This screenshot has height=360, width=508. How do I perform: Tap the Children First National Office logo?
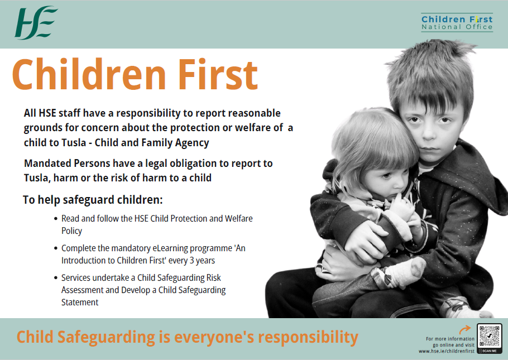click(x=457, y=22)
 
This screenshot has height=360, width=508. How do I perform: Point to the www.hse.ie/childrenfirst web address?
click(x=447, y=351)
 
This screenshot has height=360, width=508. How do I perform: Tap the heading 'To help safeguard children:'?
click(x=93, y=200)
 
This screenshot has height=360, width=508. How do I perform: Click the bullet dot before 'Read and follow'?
click(x=55, y=219)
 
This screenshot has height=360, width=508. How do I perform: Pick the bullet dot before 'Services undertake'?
click(x=55, y=278)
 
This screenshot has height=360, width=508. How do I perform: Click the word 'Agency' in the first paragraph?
click(x=190, y=142)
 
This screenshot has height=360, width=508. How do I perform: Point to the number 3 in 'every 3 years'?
click(x=190, y=260)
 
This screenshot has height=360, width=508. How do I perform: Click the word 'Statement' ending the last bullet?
click(x=80, y=302)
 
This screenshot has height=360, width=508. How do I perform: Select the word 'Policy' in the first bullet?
click(x=71, y=231)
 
